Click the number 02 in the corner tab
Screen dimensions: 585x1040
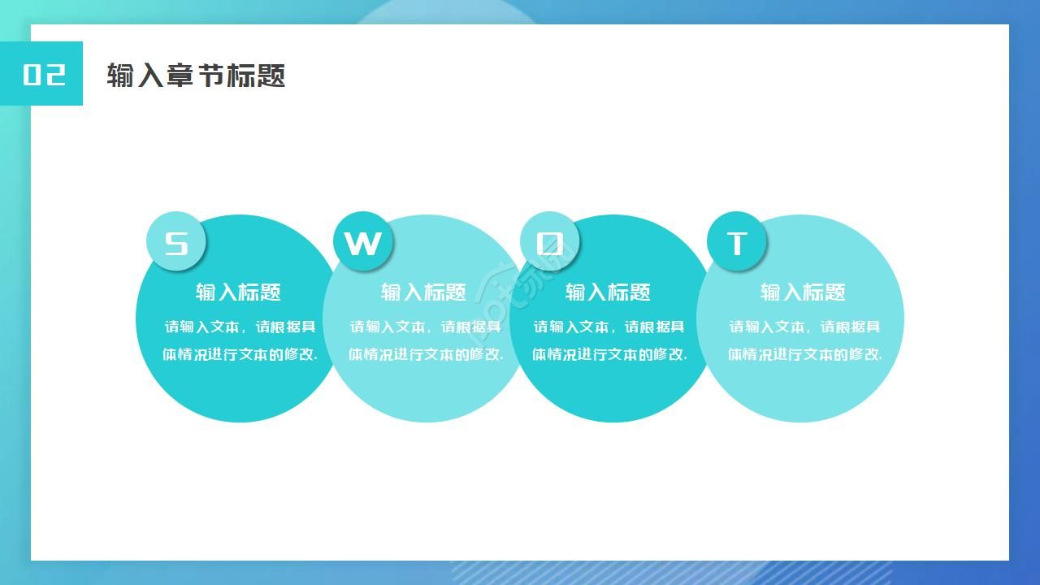(44, 74)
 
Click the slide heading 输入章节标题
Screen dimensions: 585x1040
(196, 76)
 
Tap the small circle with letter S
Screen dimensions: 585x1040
(176, 242)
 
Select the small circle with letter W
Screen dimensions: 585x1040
(363, 242)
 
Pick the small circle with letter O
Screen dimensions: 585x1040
(550, 242)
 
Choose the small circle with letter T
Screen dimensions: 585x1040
(737, 242)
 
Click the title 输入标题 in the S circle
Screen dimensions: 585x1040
(238, 292)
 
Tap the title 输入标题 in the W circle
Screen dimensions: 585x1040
(423, 292)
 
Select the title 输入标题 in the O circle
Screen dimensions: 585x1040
(608, 292)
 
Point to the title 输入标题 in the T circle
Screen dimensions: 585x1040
(803, 292)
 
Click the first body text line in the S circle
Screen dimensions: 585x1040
(240, 327)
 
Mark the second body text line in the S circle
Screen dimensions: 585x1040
(240, 354)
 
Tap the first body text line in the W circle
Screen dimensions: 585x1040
(426, 327)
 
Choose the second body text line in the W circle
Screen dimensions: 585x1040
(426, 354)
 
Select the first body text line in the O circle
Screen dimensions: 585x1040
(609, 327)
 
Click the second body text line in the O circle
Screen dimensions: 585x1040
(609, 354)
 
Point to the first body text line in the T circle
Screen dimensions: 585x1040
(804, 327)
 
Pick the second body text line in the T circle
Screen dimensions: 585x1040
(804, 354)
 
